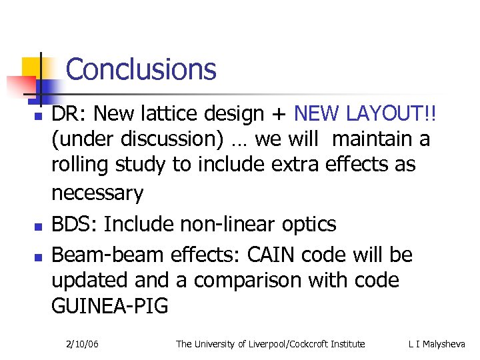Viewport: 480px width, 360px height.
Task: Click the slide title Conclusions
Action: coord(141,69)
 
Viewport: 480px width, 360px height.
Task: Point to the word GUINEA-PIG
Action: coord(110,307)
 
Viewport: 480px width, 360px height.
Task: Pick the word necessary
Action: coord(97,194)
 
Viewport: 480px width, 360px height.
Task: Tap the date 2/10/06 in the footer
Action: coord(83,344)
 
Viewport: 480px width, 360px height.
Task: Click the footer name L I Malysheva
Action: coord(437,344)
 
